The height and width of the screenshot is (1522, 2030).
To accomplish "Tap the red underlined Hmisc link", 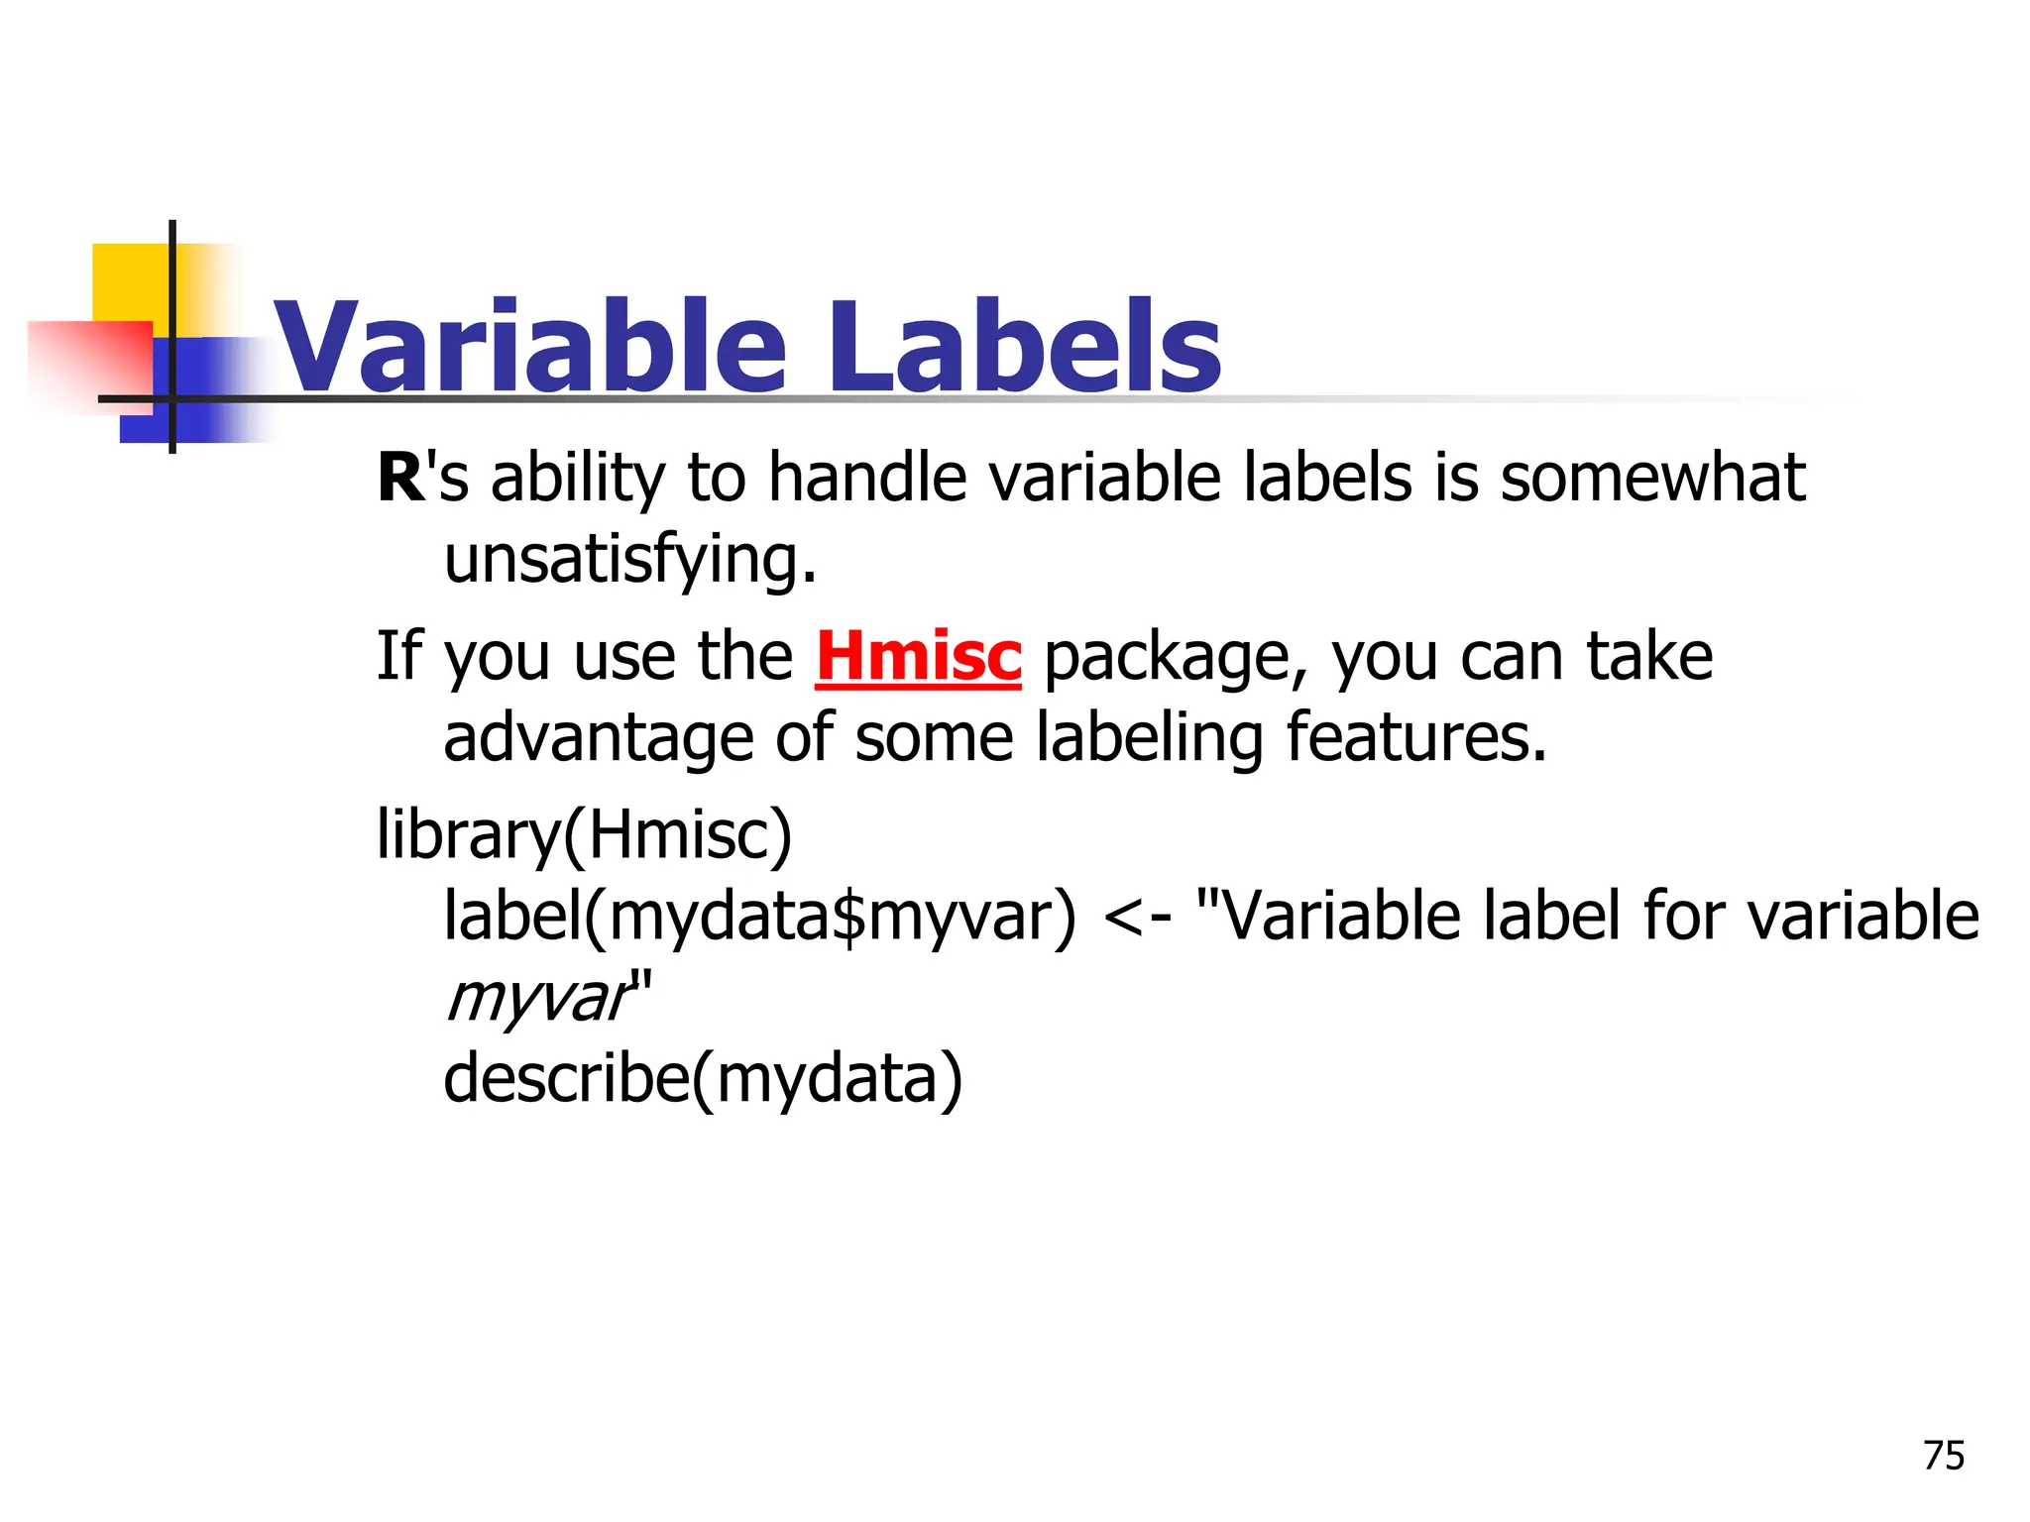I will click(x=918, y=657).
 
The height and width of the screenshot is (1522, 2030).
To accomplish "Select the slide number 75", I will click(x=1943, y=1456).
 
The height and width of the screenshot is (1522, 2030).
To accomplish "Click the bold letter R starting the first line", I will click(x=399, y=479).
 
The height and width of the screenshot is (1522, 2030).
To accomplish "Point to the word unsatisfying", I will click(x=629, y=561).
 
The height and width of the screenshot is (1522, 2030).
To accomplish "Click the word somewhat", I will click(x=1652, y=479).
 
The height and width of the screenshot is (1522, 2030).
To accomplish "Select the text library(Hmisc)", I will click(x=584, y=835).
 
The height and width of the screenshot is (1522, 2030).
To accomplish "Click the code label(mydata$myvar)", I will click(x=759, y=917).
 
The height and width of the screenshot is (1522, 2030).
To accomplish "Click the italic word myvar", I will click(x=537, y=999).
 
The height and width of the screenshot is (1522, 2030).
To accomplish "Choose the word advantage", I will click(x=598, y=739).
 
